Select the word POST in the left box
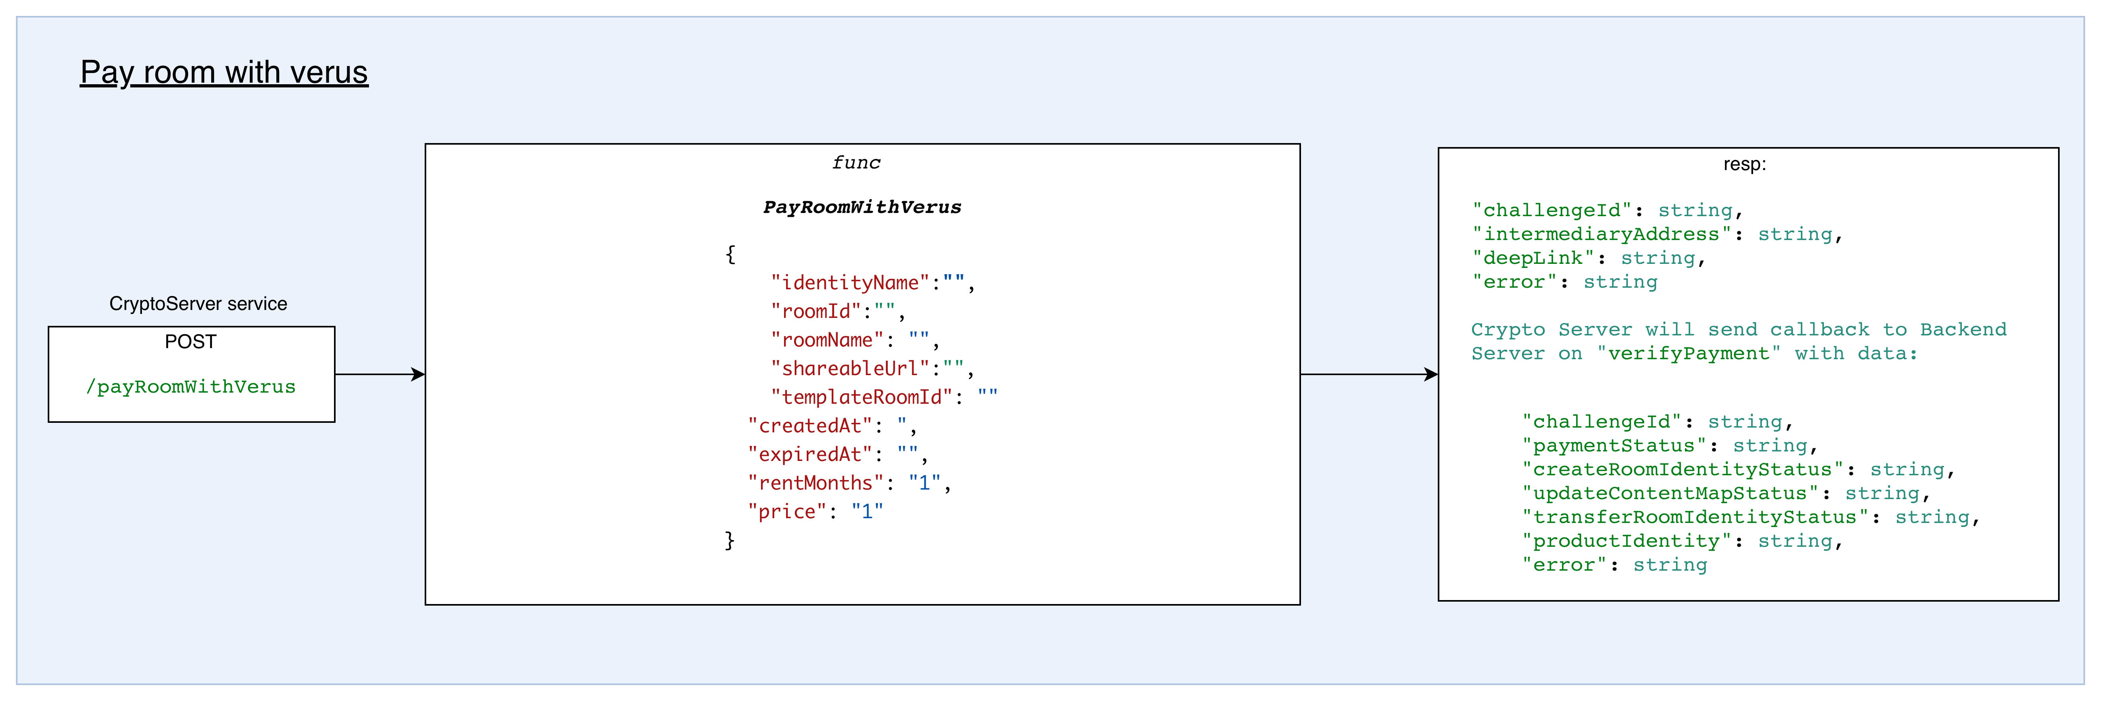click(191, 341)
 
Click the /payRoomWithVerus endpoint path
click(191, 386)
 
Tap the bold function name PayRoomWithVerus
click(862, 207)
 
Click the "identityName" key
click(850, 283)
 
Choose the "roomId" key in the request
click(816, 312)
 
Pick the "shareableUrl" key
click(850, 368)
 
